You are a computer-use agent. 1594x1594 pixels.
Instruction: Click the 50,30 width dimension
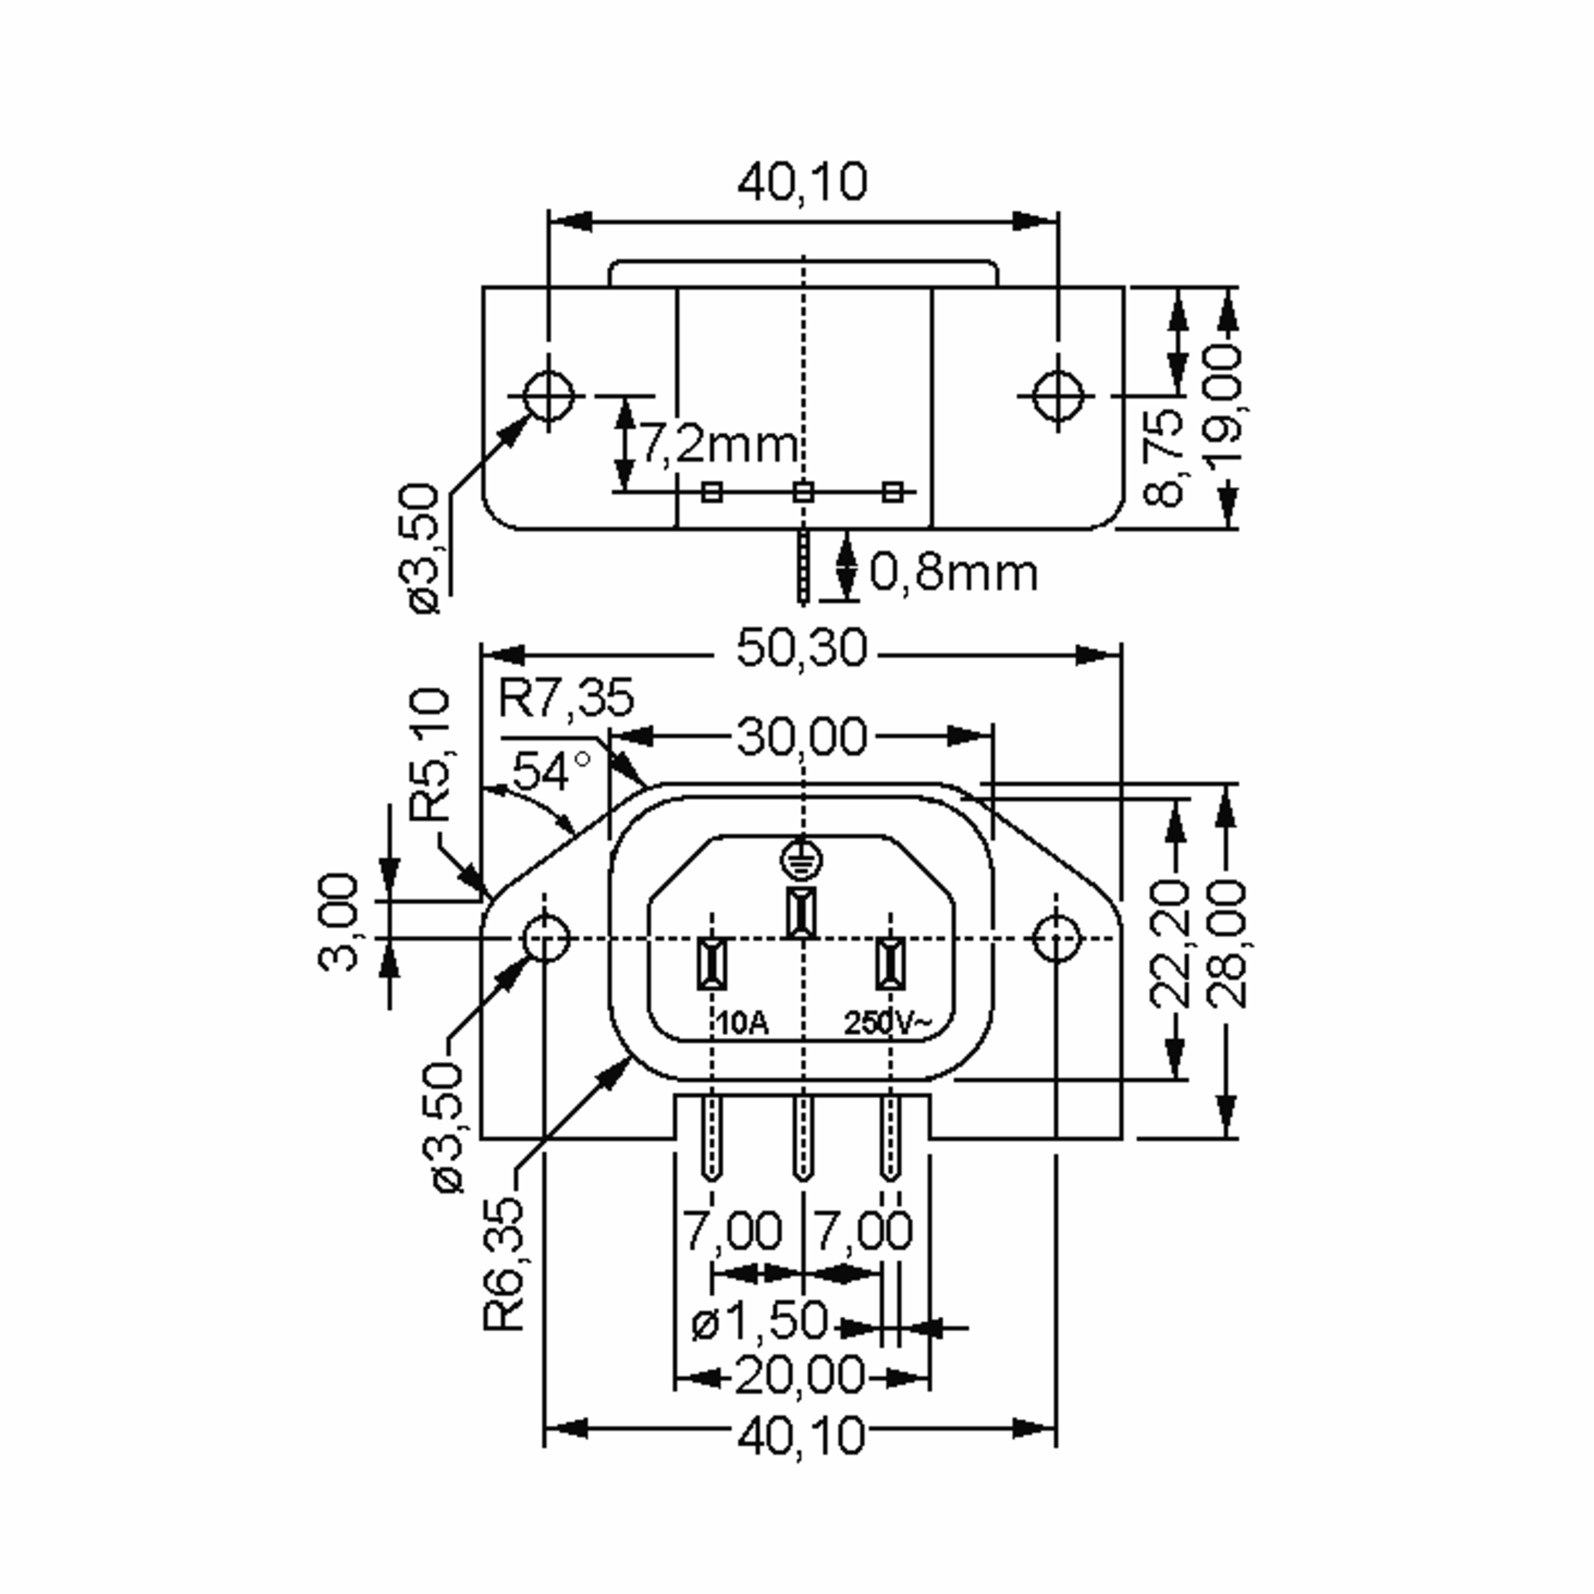pos(801,648)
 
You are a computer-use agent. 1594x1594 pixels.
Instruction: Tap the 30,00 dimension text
pos(801,737)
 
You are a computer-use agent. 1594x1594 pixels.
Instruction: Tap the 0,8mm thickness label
pos(953,573)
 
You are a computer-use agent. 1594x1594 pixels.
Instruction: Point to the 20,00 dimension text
pos(800,1375)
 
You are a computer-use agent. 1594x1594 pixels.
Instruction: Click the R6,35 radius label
pos(504,1263)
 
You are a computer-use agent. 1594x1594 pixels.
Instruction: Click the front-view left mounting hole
pos(545,938)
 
